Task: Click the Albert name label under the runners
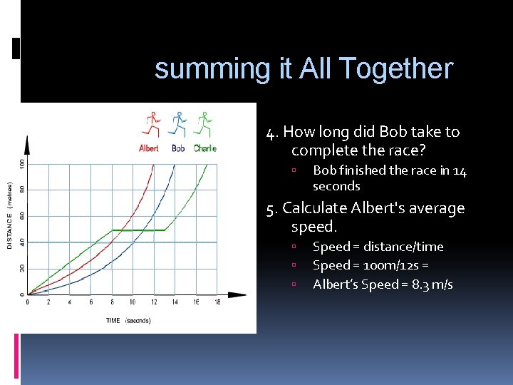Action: pyautogui.click(x=149, y=148)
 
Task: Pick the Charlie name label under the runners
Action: pyautogui.click(x=204, y=148)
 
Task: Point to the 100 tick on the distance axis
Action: pyautogui.click(x=21, y=163)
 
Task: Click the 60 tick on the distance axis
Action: pyautogui.click(x=21, y=215)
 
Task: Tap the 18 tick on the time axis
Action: pyautogui.click(x=217, y=302)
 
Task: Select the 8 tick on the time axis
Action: pyautogui.click(x=112, y=302)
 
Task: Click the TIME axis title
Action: pyautogui.click(x=113, y=321)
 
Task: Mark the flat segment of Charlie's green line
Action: pyautogui.click(x=138, y=230)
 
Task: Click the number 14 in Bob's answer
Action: pyautogui.click(x=460, y=170)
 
